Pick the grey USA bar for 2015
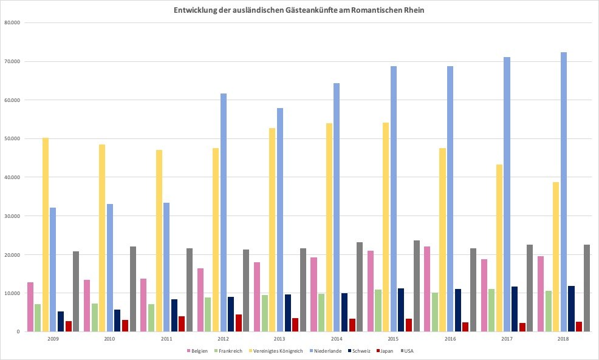click(417, 286)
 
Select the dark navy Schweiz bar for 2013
click(288, 313)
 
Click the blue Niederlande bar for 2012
click(224, 212)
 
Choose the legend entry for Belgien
click(197, 351)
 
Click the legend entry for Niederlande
click(329, 351)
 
